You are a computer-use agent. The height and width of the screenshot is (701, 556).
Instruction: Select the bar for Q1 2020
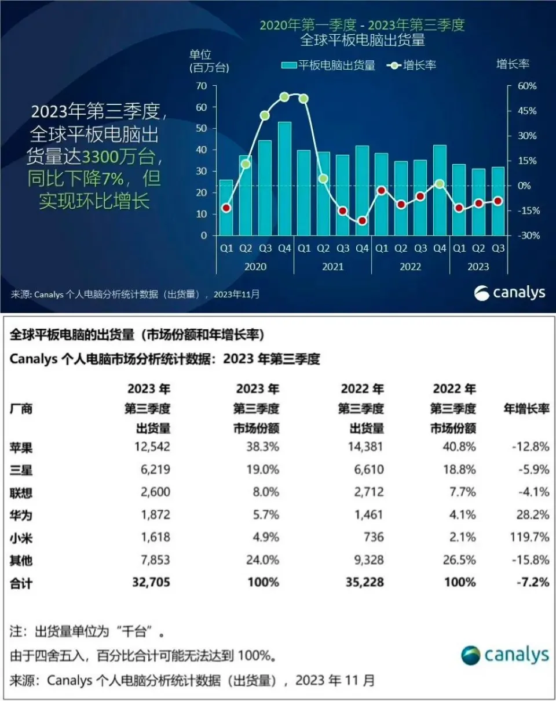click(x=226, y=208)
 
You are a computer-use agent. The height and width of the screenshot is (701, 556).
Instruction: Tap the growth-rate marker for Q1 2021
click(x=303, y=99)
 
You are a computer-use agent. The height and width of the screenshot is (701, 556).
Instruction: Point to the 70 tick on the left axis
click(x=202, y=86)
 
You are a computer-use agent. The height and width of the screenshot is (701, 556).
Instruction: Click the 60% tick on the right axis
click(x=526, y=86)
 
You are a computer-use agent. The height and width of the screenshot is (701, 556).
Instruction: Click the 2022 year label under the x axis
click(x=411, y=267)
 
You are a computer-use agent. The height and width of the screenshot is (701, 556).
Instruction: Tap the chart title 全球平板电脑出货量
click(x=362, y=40)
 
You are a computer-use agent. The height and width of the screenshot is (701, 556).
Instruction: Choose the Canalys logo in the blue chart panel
click(x=510, y=293)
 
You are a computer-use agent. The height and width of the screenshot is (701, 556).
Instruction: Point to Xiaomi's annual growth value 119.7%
click(x=529, y=537)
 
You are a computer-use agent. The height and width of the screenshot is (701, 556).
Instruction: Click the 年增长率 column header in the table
click(x=526, y=409)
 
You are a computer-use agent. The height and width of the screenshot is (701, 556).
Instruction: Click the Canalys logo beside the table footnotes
click(x=504, y=655)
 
